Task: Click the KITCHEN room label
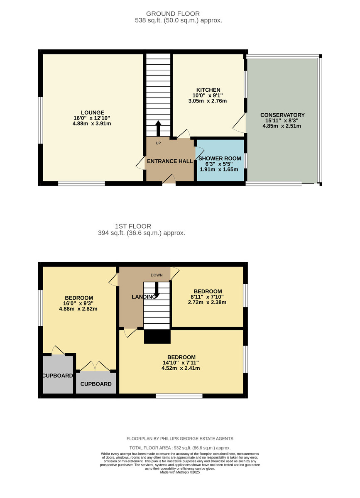[x=208, y=90]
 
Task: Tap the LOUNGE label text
[x=92, y=113]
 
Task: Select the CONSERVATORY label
[x=282, y=115]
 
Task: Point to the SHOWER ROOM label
[x=220, y=159]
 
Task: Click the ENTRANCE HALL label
[x=170, y=161]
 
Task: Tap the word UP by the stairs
[x=158, y=143]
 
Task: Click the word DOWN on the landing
[x=157, y=275]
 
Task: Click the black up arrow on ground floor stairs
[x=158, y=129]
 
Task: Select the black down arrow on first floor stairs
[x=157, y=290]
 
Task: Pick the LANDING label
[x=144, y=297]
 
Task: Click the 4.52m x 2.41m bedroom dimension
[x=181, y=368]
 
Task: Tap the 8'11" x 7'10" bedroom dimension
[x=207, y=297]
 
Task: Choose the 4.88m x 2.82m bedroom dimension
[x=78, y=309]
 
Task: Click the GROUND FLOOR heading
[x=173, y=14]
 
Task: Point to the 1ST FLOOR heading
[x=133, y=226]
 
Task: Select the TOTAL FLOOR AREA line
[x=180, y=448]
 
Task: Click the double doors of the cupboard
[x=95, y=366]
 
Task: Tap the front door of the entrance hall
[x=169, y=180]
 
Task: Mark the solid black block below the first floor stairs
[x=157, y=337]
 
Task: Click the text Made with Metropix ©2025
[x=180, y=472]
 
